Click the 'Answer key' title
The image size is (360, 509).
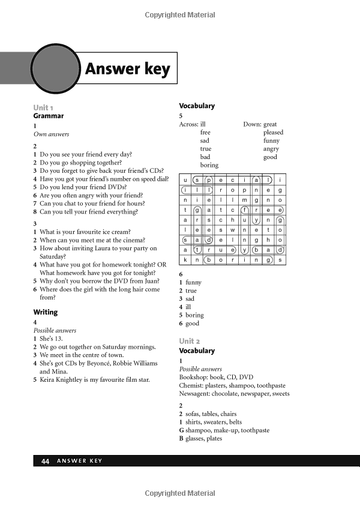point(127,70)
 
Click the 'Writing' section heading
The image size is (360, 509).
point(46,312)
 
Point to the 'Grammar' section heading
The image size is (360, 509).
point(48,116)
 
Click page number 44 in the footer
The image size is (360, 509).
point(45,461)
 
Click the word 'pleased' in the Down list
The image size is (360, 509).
point(273,133)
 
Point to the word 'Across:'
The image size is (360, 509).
point(188,124)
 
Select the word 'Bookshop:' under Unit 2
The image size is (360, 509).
point(194,377)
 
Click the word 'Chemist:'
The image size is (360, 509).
point(192,385)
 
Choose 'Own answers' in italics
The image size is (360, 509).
point(52,134)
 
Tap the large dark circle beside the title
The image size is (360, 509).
point(56,66)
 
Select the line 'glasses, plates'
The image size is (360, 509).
point(204,438)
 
